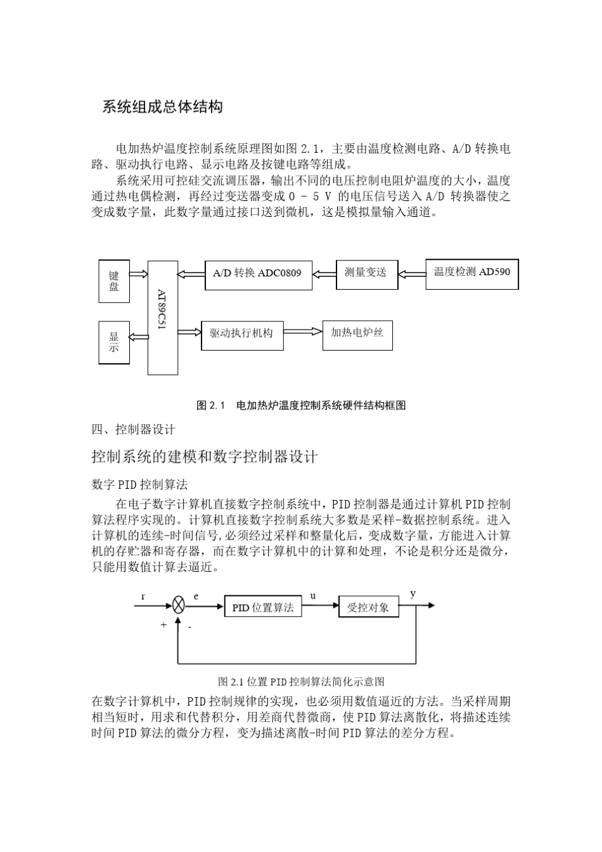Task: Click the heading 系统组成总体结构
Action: click(x=163, y=106)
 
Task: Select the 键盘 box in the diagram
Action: click(x=114, y=281)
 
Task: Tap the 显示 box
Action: click(x=114, y=342)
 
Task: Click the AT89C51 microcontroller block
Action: click(x=163, y=318)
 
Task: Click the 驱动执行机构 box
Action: click(x=241, y=333)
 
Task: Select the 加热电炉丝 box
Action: click(x=357, y=333)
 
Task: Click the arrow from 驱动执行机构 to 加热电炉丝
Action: click(x=303, y=332)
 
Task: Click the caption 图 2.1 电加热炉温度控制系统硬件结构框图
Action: click(x=301, y=405)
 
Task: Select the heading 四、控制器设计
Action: click(x=134, y=430)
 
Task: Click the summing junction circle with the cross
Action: click(x=179, y=606)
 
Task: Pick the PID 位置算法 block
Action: click(x=263, y=607)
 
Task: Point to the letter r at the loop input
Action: click(x=143, y=596)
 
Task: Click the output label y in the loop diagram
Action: click(x=413, y=594)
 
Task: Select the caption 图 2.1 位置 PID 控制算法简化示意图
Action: click(x=301, y=682)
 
